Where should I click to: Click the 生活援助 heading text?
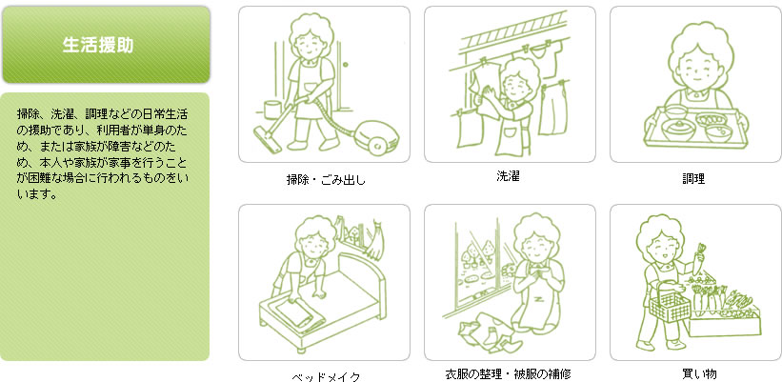98,45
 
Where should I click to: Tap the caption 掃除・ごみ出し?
326,179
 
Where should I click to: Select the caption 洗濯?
509,175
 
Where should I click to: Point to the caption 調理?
693,179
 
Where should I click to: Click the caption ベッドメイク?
326,377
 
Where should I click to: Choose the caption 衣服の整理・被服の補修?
509,373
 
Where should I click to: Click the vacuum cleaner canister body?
377,134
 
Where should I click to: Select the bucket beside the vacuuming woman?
272,110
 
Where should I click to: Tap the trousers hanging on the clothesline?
553,109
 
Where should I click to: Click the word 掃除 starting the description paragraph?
25,114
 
